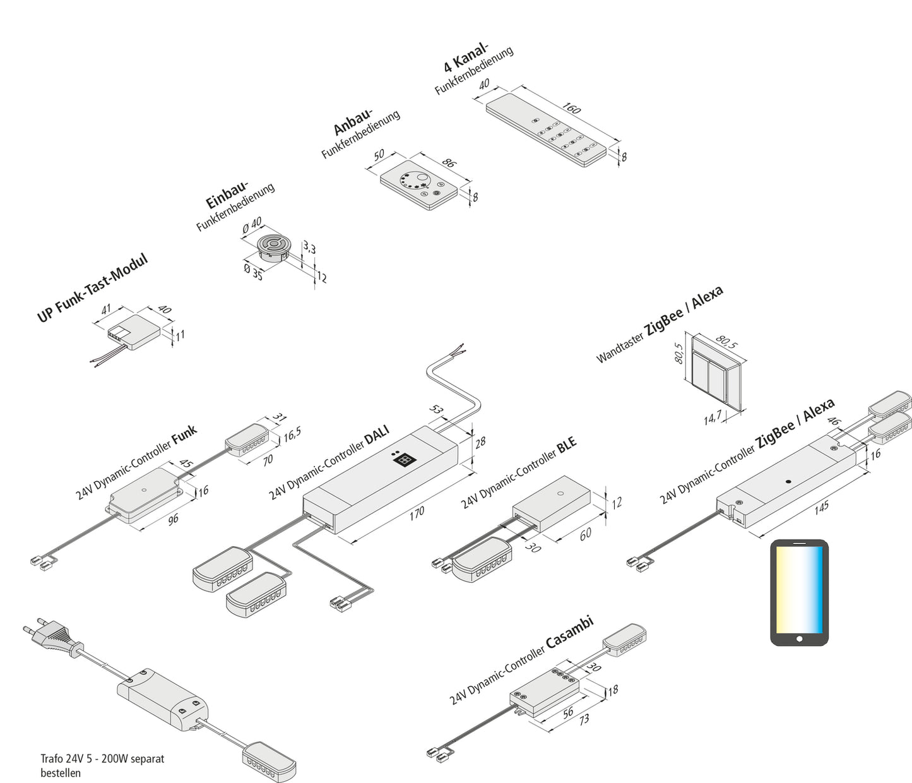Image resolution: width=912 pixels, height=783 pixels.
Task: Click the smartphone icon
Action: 799,592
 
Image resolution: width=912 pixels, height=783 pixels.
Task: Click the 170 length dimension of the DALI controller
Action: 417,512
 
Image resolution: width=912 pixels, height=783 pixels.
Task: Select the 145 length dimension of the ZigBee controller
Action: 821,506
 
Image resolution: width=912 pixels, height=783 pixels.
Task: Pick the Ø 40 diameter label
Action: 252,225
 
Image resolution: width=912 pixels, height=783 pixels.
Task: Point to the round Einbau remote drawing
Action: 273,248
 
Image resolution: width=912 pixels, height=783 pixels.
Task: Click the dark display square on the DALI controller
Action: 403,460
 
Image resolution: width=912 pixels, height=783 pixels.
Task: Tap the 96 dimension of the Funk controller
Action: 173,518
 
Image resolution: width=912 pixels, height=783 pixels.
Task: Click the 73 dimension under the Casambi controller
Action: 584,719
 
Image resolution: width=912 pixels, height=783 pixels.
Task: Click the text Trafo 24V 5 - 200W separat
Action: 102,758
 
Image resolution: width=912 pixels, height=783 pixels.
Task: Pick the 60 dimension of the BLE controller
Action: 585,534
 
